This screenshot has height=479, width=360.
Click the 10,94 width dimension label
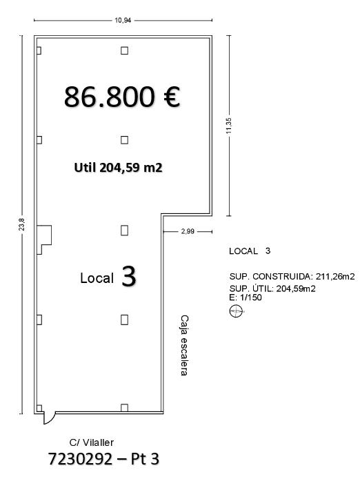(123, 21)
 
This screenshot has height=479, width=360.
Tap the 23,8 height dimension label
(22, 224)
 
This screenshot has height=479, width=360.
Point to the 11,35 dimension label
(230, 126)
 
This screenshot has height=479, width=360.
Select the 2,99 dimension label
(188, 231)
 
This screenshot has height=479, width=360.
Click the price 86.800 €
(122, 97)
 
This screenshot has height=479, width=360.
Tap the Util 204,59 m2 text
(118, 168)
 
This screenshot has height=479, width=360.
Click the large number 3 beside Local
(129, 276)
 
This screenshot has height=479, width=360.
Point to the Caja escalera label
(184, 346)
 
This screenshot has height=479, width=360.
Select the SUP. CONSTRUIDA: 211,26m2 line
(292, 277)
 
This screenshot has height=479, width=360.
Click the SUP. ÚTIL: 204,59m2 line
(272, 289)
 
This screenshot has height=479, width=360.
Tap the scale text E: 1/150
(246, 297)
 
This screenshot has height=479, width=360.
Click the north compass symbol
(236, 311)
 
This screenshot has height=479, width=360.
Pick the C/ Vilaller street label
(92, 442)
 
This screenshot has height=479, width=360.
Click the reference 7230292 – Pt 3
(104, 459)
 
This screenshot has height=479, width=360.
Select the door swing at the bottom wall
(50, 418)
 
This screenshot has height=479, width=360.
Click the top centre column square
(124, 50)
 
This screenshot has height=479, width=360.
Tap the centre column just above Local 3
(124, 231)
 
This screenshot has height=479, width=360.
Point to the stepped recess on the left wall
(44, 239)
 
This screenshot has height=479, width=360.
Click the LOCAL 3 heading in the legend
(250, 251)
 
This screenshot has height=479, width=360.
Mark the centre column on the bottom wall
(124, 408)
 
